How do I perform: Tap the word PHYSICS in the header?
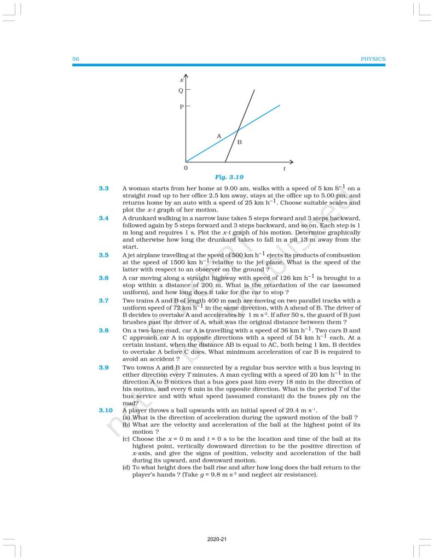(373, 59)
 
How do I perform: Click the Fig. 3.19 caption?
(229, 177)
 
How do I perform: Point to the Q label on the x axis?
(181, 90)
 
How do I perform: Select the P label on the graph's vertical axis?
(181, 107)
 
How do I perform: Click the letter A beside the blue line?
(218, 135)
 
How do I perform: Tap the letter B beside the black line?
(239, 142)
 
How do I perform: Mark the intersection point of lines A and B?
(238, 130)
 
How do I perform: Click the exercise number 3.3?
(103, 189)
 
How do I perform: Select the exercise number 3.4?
(103, 218)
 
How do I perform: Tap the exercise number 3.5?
(103, 255)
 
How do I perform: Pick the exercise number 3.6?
(103, 278)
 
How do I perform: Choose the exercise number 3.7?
(103, 300)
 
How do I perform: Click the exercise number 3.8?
(103, 330)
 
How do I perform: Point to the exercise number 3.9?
(103, 367)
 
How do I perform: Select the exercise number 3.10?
(105, 410)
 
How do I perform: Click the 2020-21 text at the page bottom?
(217, 540)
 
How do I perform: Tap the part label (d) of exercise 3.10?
(126, 468)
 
